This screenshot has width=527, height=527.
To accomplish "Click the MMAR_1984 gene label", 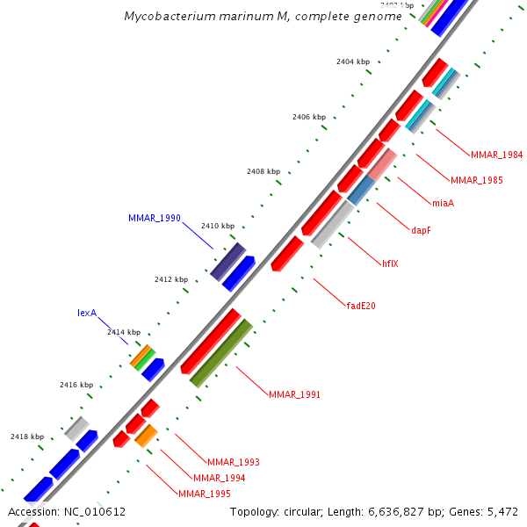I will [x=496, y=155].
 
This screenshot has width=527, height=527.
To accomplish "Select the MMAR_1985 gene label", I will [x=476, y=180].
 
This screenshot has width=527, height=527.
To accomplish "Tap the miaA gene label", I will [x=443, y=204].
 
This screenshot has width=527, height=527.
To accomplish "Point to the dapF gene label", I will [x=422, y=231].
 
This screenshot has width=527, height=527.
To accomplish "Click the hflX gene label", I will [x=390, y=263].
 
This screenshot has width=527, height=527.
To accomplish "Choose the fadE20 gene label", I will [x=363, y=306].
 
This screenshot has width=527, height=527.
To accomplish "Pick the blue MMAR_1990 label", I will [x=154, y=217].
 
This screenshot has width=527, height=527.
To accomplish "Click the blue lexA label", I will [x=86, y=313].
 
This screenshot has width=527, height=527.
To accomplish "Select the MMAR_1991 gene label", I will [x=294, y=394].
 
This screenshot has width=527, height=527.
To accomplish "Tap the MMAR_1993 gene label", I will [x=233, y=462].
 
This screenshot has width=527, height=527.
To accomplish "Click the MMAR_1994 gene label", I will [x=219, y=478].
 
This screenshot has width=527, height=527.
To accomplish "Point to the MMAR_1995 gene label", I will [x=204, y=494].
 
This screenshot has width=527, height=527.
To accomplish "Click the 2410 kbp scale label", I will [x=218, y=226].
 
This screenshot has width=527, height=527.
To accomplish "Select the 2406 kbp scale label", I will [x=309, y=116].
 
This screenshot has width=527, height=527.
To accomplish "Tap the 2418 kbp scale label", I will [x=27, y=437].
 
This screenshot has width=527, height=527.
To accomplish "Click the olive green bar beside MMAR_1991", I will [x=221, y=353].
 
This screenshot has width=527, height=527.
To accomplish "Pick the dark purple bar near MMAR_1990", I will [x=227, y=261].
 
